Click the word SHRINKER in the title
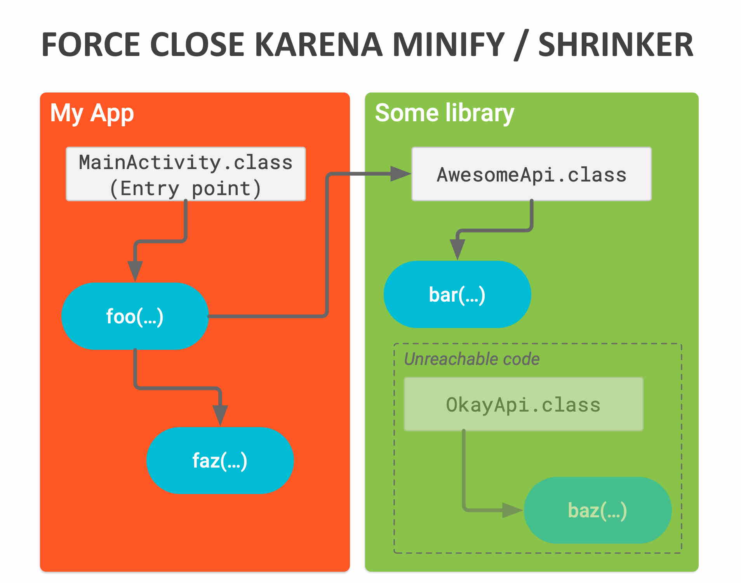click(616, 45)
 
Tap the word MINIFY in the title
click(449, 45)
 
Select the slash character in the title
click(521, 46)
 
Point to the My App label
click(92, 113)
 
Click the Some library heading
click(444, 113)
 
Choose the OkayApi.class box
click(523, 405)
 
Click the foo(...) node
click(135, 316)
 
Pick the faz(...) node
click(220, 461)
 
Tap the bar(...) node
click(457, 295)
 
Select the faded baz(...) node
click(597, 510)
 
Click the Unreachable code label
click(471, 359)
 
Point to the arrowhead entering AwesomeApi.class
click(400, 174)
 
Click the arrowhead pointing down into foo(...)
click(135, 270)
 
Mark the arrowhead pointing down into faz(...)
click(220, 415)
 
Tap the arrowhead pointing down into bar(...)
click(457, 249)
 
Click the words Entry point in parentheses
click(186, 189)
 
